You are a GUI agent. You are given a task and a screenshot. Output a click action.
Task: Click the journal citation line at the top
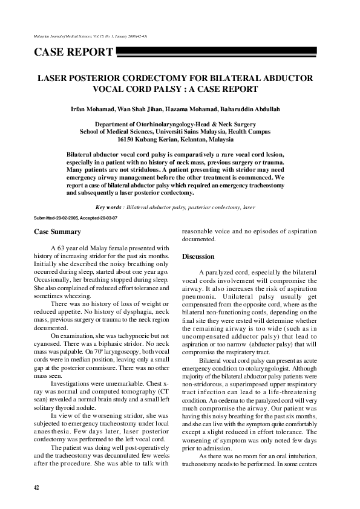pyautogui.click(x=91, y=36)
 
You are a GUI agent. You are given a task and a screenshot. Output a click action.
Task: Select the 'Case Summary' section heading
pyautogui.click(x=57, y=232)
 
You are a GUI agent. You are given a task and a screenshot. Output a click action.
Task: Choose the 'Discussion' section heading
pyautogui.click(x=198, y=256)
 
